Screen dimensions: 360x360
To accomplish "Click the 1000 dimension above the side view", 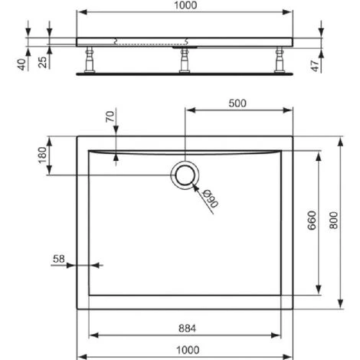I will [184, 5].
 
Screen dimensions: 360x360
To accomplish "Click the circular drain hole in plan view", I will [185, 176].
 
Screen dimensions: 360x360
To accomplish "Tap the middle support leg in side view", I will [184, 60].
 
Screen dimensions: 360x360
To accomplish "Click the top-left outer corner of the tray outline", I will [77, 136].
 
